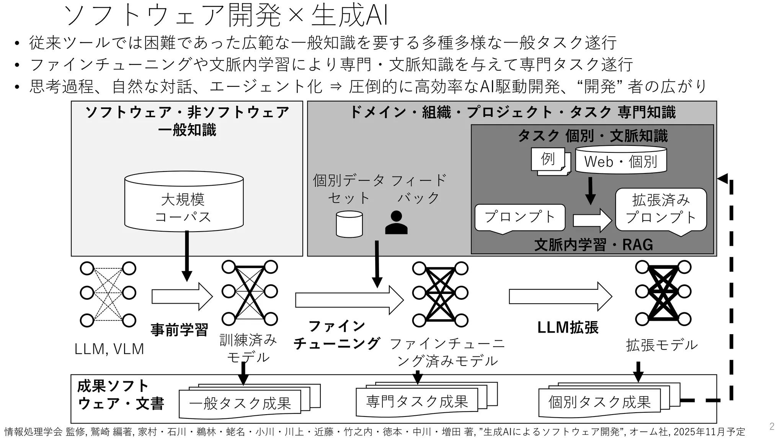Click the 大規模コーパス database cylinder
click(184, 202)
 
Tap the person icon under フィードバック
click(396, 223)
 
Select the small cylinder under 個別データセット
click(349, 224)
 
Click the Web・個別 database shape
click(621, 160)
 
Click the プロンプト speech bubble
click(520, 217)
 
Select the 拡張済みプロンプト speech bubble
click(661, 209)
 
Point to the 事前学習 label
click(179, 330)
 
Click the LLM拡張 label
click(567, 328)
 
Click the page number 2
click(772, 426)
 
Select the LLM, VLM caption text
click(109, 349)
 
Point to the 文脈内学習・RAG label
click(593, 245)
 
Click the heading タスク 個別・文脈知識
click(593, 136)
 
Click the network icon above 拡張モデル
click(663, 293)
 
